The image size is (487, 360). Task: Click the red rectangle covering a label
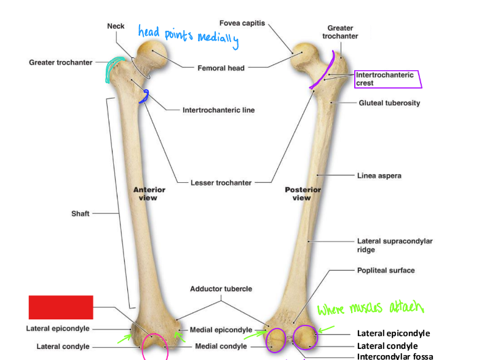[x=61, y=307]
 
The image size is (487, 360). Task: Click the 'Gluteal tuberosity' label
[x=389, y=103]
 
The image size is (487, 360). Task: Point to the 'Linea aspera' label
[x=379, y=175]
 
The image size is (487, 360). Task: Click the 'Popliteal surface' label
[x=386, y=270]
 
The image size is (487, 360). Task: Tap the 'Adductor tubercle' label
[x=221, y=289]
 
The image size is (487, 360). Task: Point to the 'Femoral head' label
[x=221, y=68]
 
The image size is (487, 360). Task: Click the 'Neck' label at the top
[x=116, y=26]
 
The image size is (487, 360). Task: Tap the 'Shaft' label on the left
[x=81, y=214]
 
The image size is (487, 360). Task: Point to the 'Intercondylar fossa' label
[x=395, y=356]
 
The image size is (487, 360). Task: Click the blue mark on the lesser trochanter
[x=145, y=96]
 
